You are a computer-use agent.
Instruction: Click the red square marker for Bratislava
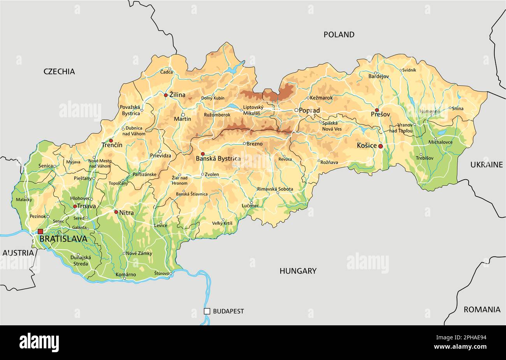pyautogui.click(x=40, y=231)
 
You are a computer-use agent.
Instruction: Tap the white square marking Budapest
pyautogui.click(x=207, y=311)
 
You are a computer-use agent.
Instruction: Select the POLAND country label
pyautogui.click(x=339, y=35)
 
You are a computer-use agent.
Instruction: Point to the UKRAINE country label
pyautogui.click(x=486, y=165)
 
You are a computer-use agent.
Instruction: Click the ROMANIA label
pyautogui.click(x=481, y=310)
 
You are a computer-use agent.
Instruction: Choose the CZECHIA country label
pyautogui.click(x=59, y=71)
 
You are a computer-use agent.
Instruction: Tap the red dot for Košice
pyautogui.click(x=380, y=146)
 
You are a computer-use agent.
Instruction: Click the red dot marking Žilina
pyautogui.click(x=166, y=95)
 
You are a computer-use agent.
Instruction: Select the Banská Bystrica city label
pyautogui.click(x=218, y=159)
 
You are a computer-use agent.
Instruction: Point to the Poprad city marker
pyautogui.click(x=296, y=110)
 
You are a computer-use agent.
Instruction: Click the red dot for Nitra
pyautogui.click(x=116, y=212)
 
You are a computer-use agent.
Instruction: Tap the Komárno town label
pyautogui.click(x=126, y=275)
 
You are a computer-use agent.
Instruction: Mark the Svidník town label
pyautogui.click(x=409, y=70)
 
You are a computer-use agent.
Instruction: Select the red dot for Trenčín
pyautogui.click(x=111, y=141)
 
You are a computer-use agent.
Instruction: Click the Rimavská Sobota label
pyautogui.click(x=275, y=189)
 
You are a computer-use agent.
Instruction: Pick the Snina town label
pyautogui.click(x=457, y=108)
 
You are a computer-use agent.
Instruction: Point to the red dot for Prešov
pyautogui.click(x=376, y=110)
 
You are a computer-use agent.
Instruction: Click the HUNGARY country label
pyautogui.click(x=298, y=271)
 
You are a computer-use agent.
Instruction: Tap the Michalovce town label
pyautogui.click(x=440, y=142)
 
